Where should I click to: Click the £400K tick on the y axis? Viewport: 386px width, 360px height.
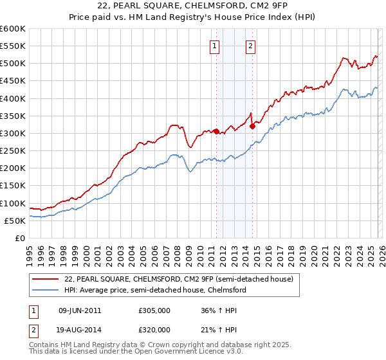(13, 98)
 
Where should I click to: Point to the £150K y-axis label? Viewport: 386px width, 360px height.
(13, 186)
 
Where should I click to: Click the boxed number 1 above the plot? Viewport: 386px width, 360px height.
(214, 46)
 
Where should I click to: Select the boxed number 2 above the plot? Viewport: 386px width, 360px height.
(250, 46)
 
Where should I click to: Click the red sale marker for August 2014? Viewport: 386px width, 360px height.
(253, 126)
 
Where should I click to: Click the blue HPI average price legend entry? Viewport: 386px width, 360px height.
(156, 290)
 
